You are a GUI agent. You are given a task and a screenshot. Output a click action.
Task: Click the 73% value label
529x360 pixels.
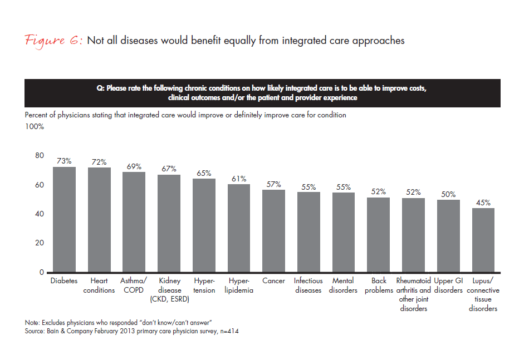tap(64, 161)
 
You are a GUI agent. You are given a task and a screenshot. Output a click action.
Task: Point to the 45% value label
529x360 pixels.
tap(483, 203)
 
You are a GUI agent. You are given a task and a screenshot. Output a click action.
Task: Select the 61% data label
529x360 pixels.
tap(239, 178)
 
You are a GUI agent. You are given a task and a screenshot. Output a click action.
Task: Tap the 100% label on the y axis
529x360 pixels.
tap(35, 126)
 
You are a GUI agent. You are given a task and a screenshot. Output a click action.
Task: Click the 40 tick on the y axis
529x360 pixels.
tap(40, 214)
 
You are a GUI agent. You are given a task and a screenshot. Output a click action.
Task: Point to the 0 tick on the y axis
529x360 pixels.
tap(41, 273)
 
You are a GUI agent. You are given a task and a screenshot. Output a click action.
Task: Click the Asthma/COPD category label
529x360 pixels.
tap(134, 285)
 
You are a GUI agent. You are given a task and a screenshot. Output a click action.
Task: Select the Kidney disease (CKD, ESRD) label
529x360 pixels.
tap(169, 290)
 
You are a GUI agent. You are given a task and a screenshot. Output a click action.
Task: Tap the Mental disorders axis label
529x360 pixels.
tap(344, 285)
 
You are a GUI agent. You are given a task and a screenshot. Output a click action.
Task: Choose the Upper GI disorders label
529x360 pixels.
tap(448, 285)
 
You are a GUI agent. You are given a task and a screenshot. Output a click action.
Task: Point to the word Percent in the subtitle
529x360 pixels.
tap(37, 115)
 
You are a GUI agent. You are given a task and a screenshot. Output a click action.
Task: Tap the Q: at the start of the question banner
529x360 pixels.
tap(101, 88)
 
